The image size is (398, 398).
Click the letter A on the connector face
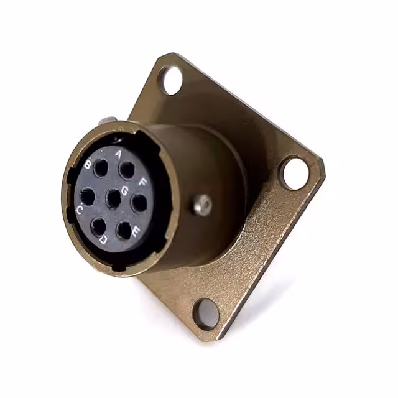click(119, 152)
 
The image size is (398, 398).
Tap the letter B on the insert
click(89, 165)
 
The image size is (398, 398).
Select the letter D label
click(103, 239)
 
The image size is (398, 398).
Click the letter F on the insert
click(143, 183)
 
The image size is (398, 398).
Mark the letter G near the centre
click(124, 189)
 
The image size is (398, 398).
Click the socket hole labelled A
click(127, 169)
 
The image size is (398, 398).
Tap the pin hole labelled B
click(101, 168)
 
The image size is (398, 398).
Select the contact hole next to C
click(88, 197)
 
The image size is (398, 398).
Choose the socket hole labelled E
click(125, 230)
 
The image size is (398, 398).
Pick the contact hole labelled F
click(139, 203)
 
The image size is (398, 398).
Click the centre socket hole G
click(113, 199)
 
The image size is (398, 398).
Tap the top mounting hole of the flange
click(170, 79)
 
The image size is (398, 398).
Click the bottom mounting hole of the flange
click(204, 312)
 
